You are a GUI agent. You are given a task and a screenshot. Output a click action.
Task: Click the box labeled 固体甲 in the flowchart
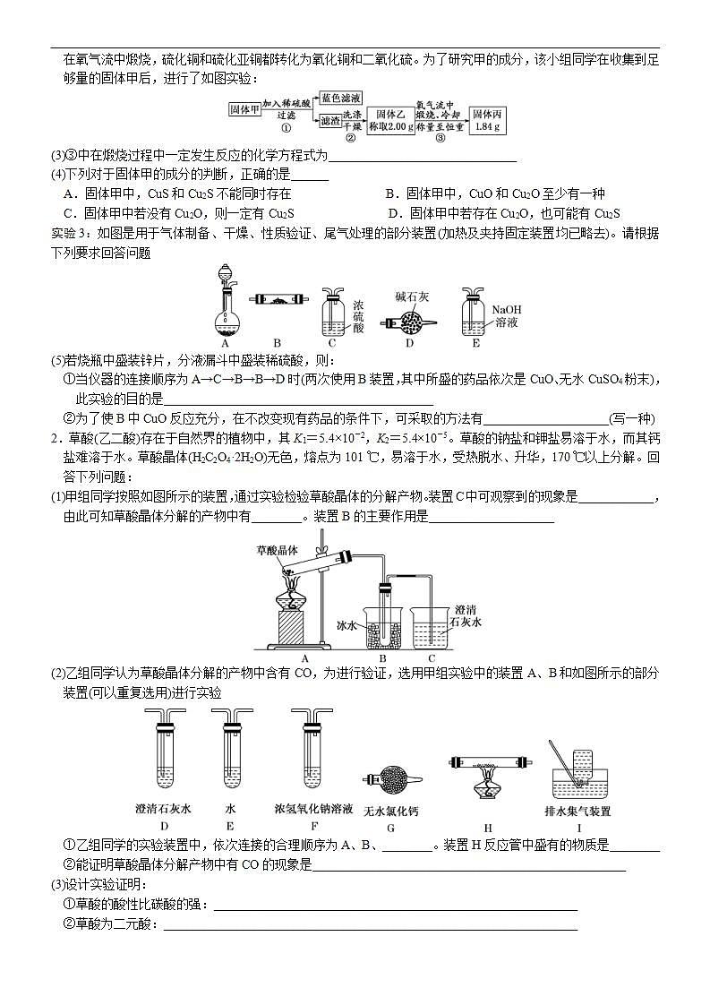coord(244,108)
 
